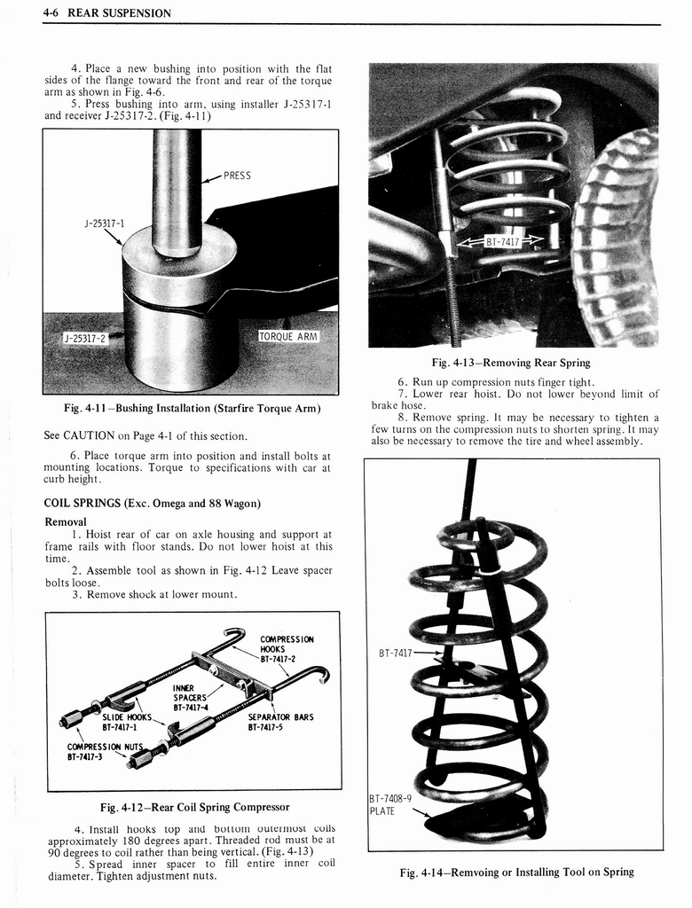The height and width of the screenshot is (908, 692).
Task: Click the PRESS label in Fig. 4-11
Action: tap(237, 176)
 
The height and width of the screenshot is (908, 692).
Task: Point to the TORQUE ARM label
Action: tap(288, 336)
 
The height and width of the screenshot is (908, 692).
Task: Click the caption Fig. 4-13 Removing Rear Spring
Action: tap(510, 363)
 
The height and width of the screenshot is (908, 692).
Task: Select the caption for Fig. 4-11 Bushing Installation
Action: tap(192, 408)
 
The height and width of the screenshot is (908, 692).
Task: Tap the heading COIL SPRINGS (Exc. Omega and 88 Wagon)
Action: tap(152, 503)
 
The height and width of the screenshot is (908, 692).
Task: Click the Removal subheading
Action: tap(66, 521)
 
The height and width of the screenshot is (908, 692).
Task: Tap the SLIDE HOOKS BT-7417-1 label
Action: tap(127, 722)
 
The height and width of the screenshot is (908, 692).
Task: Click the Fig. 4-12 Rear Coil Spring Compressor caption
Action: tap(194, 807)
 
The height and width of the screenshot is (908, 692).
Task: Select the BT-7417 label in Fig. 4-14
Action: tap(396, 654)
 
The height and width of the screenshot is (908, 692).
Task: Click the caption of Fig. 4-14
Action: tap(516, 872)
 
